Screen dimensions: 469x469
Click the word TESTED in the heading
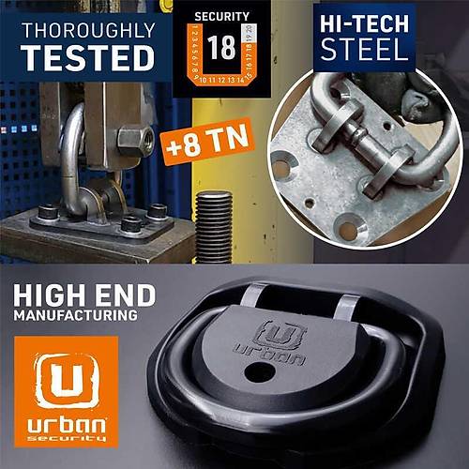(x=87, y=56)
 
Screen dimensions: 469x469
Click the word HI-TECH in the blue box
(x=365, y=23)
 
